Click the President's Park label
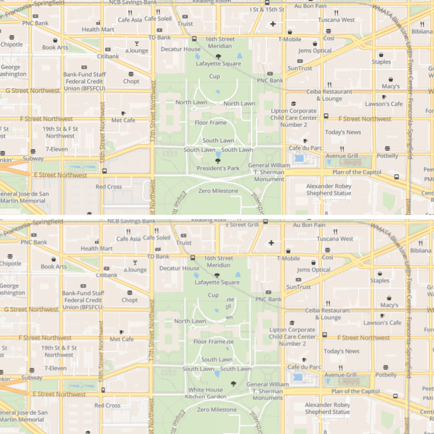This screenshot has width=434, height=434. (218, 168)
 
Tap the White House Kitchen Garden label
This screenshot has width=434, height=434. (206, 393)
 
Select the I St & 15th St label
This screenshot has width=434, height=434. (267, 10)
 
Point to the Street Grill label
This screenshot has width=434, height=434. (244, 224)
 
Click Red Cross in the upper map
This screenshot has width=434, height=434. (108, 186)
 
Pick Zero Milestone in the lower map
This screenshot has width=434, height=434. (218, 410)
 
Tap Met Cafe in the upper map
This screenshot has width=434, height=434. (123, 120)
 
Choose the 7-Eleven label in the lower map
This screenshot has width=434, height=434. (55, 368)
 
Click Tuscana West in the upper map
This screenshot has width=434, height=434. (336, 20)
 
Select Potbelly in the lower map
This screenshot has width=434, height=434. (386, 375)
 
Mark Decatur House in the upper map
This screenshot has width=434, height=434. (180, 49)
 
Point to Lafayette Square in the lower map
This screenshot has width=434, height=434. (217, 283)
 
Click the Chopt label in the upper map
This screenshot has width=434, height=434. (131, 81)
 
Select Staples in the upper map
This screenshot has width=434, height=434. (381, 62)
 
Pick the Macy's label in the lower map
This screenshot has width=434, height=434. (389, 305)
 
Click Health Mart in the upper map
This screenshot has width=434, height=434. (98, 29)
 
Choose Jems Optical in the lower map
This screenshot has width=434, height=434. (314, 270)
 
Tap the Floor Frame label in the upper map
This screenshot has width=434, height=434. (210, 123)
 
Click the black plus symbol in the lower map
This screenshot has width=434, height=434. (271, 243)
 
